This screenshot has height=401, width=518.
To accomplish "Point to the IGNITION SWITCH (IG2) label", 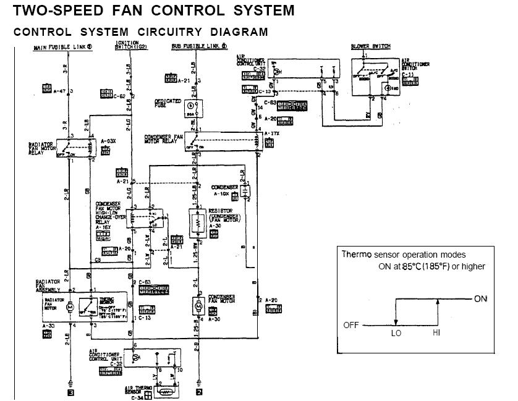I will (127, 44).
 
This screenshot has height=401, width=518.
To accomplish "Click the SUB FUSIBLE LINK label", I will (199, 47).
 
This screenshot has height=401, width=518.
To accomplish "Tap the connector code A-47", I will (59, 91).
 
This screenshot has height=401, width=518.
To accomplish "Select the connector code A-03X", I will (109, 141).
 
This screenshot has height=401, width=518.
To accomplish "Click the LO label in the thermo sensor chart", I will (396, 332).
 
